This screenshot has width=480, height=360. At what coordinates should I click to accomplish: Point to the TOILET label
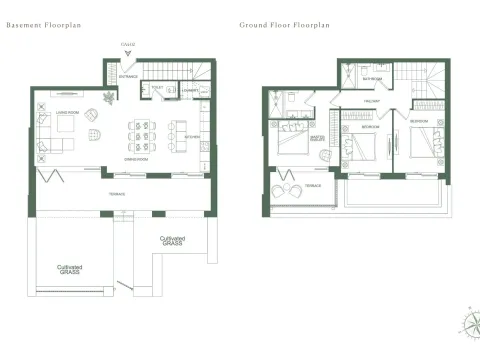click(156, 88)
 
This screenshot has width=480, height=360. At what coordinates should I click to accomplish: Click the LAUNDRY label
click(191, 90)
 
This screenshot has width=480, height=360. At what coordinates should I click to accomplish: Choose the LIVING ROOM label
click(68, 114)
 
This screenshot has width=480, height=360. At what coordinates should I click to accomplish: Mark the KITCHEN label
click(193, 137)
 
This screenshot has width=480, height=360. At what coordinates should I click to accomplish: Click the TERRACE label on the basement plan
click(117, 193)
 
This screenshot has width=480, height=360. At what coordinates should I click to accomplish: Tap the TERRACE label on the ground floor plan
click(313, 186)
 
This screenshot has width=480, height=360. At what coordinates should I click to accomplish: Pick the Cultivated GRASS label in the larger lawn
click(69, 269)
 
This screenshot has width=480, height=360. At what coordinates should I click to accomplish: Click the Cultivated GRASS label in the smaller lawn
click(171, 241)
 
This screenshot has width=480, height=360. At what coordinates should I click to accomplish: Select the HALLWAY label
click(373, 101)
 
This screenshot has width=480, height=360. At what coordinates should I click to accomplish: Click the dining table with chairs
click(141, 131)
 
